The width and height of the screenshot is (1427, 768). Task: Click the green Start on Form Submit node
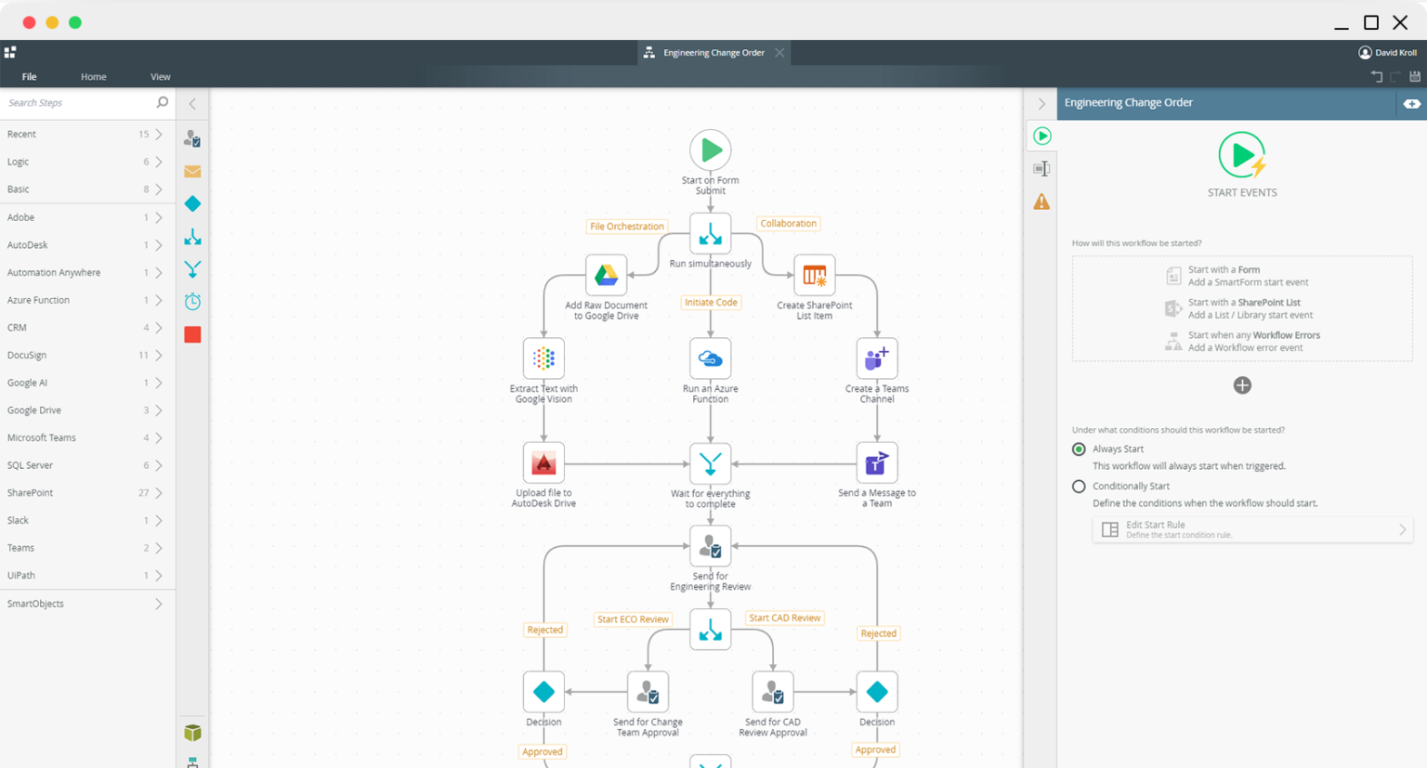[710, 150]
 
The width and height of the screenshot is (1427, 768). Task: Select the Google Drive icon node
[606, 275]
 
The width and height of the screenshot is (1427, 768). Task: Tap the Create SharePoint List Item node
[814, 275]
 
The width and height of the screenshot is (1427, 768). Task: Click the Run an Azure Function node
[710, 358]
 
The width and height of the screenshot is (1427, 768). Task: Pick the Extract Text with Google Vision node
[543, 358]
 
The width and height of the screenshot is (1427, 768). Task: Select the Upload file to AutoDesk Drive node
[543, 462]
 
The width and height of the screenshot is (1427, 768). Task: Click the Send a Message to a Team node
[876, 462]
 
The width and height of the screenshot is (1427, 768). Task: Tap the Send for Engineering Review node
[710, 546]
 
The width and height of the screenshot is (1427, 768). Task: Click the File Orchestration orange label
[627, 227]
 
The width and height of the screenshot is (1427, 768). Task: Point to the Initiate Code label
[711, 303]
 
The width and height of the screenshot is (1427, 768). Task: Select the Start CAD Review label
[784, 618]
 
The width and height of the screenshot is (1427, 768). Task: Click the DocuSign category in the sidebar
[27, 355]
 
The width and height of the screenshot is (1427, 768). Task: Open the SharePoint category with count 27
[30, 493]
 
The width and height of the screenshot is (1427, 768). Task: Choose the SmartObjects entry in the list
[35, 604]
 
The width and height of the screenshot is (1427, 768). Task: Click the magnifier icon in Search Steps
[163, 102]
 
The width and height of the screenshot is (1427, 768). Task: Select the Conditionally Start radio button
[1079, 486]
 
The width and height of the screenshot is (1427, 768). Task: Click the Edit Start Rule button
[1251, 529]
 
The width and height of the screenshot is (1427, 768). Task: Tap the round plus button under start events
[1242, 385]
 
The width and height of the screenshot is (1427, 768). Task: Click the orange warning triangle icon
[1041, 202]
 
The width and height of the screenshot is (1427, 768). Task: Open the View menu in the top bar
[160, 77]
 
